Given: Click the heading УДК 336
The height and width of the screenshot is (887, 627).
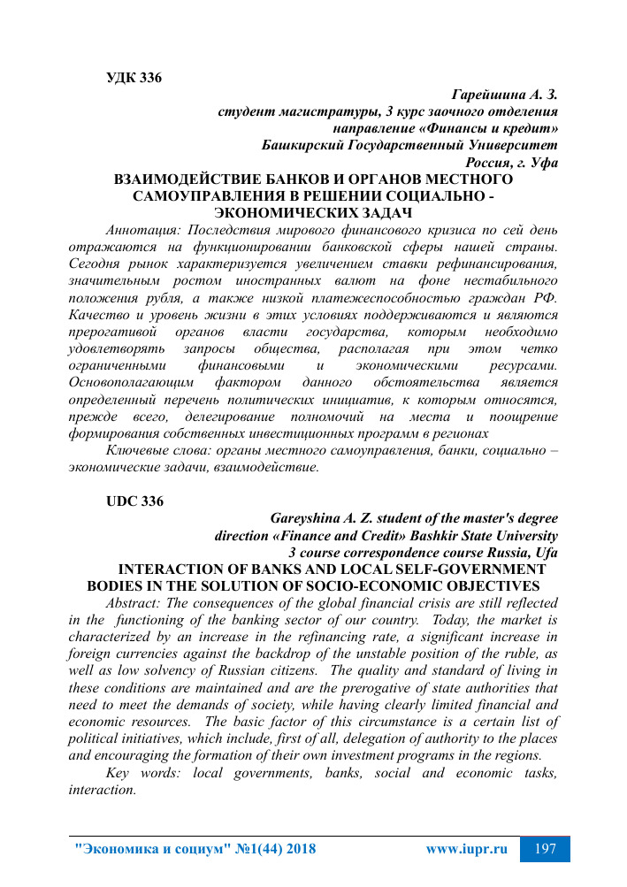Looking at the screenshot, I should click(134, 78).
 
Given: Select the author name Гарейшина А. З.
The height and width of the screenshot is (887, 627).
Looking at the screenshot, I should click(504, 95).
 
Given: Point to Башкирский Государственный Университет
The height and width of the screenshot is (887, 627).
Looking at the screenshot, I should click(410, 145).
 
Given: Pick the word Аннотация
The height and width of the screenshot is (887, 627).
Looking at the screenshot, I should click(141, 230).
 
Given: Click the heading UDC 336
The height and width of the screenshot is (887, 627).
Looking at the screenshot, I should click(134, 501).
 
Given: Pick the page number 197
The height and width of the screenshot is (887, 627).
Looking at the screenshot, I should click(546, 849).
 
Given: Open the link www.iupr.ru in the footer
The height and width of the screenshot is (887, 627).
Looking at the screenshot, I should click(466, 849).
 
